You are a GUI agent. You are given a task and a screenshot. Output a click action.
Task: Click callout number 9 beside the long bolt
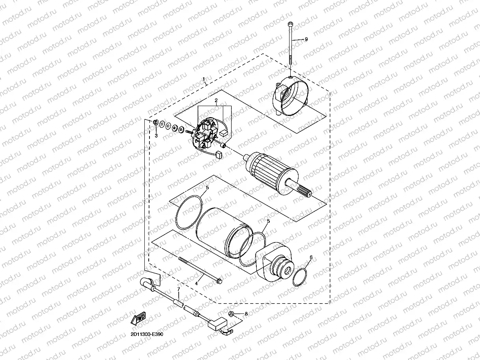click(306, 39)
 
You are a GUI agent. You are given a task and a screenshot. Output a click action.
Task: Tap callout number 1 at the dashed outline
click(204, 79)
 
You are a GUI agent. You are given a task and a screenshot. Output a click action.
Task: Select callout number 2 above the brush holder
click(216, 100)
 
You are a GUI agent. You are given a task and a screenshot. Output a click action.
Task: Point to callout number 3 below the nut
click(156, 136)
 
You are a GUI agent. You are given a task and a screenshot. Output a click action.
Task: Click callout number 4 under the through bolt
click(196, 284)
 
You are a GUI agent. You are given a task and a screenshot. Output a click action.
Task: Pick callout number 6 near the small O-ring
click(311, 257)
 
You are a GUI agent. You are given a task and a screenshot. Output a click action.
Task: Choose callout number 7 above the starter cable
click(179, 289)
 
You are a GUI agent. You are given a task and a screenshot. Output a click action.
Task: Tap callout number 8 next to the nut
click(246, 314)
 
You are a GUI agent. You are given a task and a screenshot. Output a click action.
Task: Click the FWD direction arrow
click(138, 318)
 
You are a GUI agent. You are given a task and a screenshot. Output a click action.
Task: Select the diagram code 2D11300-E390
click(147, 334)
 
